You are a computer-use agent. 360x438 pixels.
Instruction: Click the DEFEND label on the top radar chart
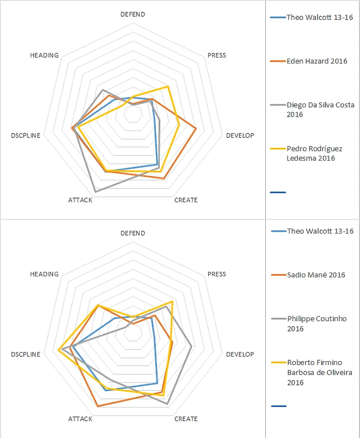pos(133,14)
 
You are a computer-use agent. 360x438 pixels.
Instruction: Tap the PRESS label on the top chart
pos(216,55)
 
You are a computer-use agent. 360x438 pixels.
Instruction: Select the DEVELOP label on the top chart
pos(240,135)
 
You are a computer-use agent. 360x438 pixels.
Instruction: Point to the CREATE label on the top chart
pos(186,200)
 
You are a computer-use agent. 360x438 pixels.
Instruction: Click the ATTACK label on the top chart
pos(80,200)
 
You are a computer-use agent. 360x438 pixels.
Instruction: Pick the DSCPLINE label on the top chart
pos(25,135)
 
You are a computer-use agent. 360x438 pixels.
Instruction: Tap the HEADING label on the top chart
pos(44,55)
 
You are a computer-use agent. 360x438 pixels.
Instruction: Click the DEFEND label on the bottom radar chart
pos(133,233)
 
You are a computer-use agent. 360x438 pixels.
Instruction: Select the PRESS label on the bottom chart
pos(216,274)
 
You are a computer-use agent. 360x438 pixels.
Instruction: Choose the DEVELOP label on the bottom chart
pos(240,354)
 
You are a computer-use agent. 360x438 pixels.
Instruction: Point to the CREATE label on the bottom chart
pos(186,419)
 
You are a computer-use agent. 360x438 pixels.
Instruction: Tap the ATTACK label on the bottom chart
pos(80,419)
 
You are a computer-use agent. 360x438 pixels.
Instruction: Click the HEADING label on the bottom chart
pos(44,274)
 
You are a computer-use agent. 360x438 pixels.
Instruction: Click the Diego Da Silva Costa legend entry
pos(321,109)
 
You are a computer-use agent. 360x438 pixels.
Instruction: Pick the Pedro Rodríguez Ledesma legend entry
pos(315,153)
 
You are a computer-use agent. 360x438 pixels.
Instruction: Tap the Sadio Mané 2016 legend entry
pos(316,275)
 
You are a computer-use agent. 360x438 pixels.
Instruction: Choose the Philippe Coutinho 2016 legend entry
pos(317,324)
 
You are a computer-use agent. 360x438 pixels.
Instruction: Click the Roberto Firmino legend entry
pos(320,372)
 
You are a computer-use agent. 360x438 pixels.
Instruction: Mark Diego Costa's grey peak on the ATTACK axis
pos(95,191)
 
